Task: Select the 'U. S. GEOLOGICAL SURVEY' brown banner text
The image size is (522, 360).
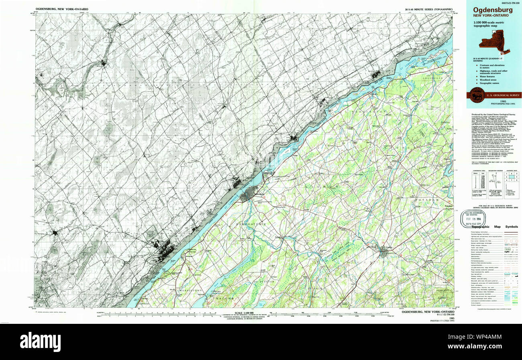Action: coord(503,95)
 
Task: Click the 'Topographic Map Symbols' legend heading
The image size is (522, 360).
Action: coord(494,227)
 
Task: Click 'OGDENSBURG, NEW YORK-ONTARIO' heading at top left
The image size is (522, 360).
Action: coord(62,9)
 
